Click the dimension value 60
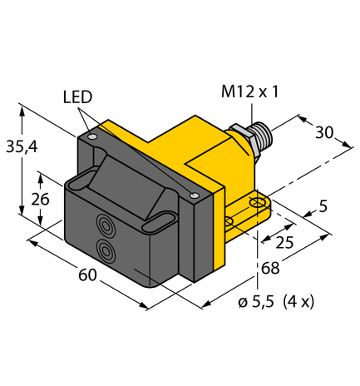pos(86,276)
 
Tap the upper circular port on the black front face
pos(106,223)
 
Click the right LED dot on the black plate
pos(194,196)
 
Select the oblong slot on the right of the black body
pos(158,222)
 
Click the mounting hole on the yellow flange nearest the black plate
pos(229,220)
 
